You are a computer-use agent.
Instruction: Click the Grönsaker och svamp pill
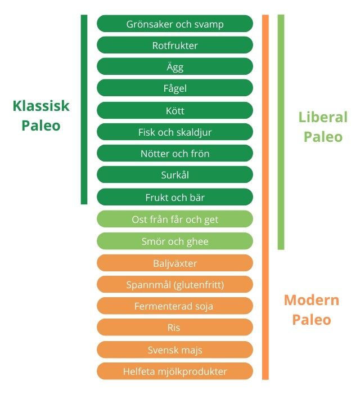[x=175, y=24]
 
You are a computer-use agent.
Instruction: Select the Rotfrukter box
[x=175, y=45]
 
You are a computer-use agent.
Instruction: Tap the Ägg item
[x=175, y=66]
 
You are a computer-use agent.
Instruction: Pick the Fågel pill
[x=175, y=88]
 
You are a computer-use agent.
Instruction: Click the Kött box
[x=175, y=110]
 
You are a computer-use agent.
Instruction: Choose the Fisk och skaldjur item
[x=175, y=132]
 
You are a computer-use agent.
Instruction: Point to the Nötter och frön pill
[x=175, y=153]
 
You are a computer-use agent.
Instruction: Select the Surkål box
[x=175, y=174]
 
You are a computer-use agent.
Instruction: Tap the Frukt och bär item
[x=175, y=197]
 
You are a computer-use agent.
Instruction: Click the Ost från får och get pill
[x=175, y=219]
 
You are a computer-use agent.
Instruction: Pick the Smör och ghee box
[x=175, y=241]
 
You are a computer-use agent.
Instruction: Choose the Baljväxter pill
[x=175, y=263]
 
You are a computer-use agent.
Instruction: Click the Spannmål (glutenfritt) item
[x=175, y=284]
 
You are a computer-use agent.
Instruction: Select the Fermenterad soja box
[x=175, y=306]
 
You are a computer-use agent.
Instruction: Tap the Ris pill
[x=175, y=327]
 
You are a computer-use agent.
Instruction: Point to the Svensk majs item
[x=175, y=350]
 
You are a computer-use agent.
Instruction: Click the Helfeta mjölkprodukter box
[x=175, y=371]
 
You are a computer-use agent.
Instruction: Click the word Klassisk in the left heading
[x=41, y=106]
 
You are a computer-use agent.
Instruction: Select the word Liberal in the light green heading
[x=323, y=117]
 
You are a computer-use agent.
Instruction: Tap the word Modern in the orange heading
[x=312, y=300]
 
